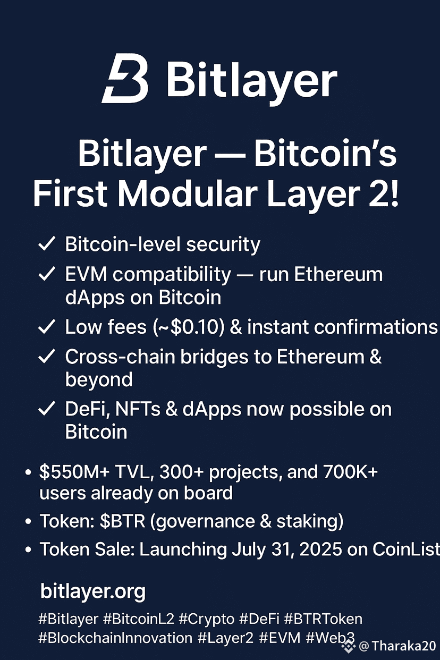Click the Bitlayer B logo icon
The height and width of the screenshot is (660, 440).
click(x=125, y=78)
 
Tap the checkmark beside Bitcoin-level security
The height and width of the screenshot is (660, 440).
click(x=47, y=244)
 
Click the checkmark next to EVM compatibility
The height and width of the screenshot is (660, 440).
click(x=47, y=274)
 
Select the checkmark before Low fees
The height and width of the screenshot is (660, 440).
click(x=47, y=326)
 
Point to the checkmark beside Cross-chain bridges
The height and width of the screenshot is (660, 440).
click(x=47, y=356)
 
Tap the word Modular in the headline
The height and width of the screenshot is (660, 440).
click(x=187, y=193)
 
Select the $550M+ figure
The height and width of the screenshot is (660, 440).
click(x=74, y=472)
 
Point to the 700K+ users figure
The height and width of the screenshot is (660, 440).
click(x=350, y=472)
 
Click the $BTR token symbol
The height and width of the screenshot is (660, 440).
click(x=122, y=521)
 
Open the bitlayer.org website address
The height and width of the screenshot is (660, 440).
click(x=93, y=591)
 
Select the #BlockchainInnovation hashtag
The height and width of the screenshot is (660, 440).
click(x=115, y=638)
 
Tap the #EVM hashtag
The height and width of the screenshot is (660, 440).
click(x=280, y=638)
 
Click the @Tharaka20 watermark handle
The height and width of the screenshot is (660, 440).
click(x=397, y=646)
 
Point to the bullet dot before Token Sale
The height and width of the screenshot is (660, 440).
click(x=28, y=550)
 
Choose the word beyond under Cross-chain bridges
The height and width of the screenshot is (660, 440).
click(x=99, y=380)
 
